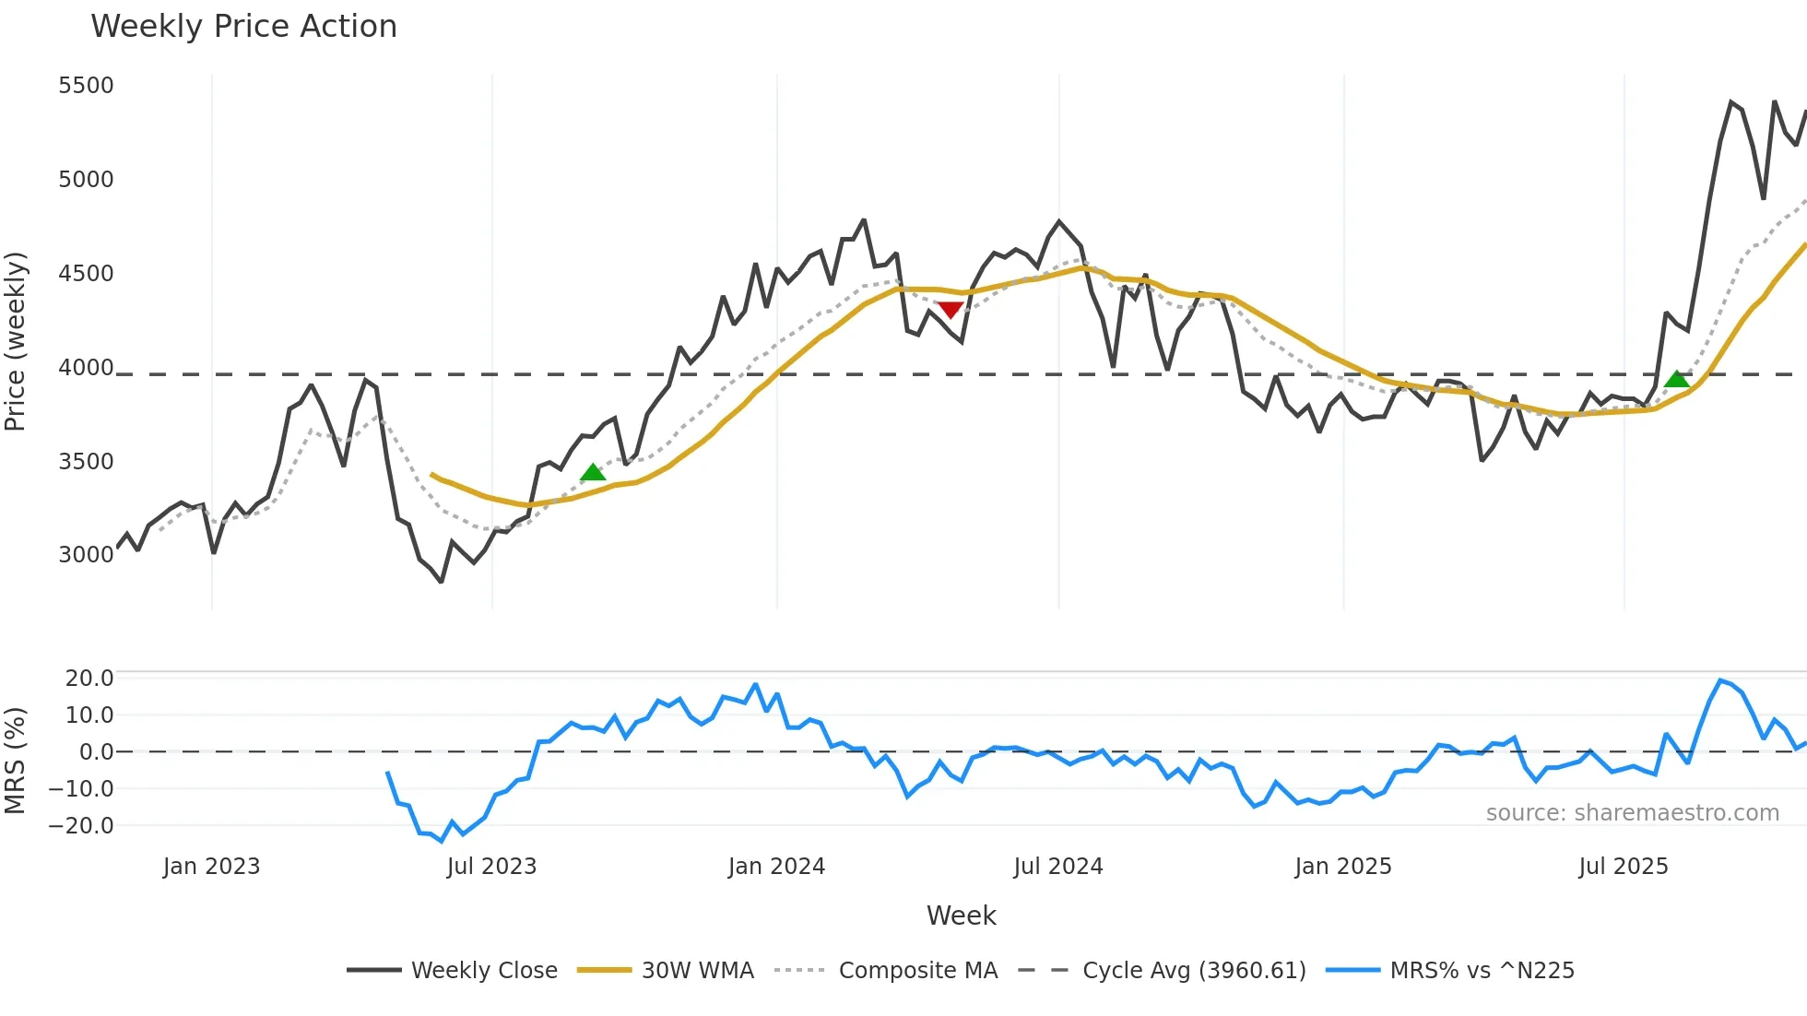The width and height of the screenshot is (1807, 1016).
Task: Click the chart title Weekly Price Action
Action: pyautogui.click(x=243, y=27)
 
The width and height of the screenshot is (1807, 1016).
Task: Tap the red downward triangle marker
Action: pyautogui.click(x=951, y=310)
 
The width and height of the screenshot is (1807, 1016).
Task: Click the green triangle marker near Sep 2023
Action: pyautogui.click(x=593, y=473)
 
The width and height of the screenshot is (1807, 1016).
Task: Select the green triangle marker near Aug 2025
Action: pyautogui.click(x=1677, y=379)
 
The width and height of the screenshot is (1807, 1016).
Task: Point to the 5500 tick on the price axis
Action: pyautogui.click(x=86, y=86)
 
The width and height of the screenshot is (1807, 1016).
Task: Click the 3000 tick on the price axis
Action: pyautogui.click(x=86, y=554)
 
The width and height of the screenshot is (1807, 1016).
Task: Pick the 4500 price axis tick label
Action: pyautogui.click(x=86, y=274)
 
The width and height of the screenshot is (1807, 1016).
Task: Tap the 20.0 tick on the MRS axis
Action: pyautogui.click(x=89, y=679)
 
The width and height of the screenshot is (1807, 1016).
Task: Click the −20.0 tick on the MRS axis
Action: pyautogui.click(x=81, y=826)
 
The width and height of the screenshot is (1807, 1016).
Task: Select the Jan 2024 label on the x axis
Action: pyautogui.click(x=776, y=867)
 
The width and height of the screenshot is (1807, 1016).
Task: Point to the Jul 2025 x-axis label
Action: pyautogui.click(x=1623, y=867)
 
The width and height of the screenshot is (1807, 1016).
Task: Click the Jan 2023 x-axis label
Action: pyautogui.click(x=211, y=867)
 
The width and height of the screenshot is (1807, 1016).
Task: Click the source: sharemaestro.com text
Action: pyautogui.click(x=1632, y=813)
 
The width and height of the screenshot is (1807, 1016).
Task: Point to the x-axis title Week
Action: pyautogui.click(x=961, y=916)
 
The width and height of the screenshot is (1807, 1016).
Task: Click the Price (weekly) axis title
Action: pyautogui.click(x=16, y=341)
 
